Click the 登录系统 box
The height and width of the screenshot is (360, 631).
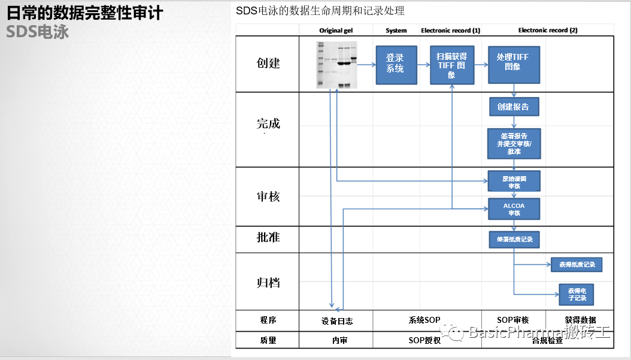pyautogui.click(x=395, y=64)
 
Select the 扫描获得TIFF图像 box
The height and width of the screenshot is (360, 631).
pyautogui.click(x=451, y=65)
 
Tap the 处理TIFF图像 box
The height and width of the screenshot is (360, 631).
pyautogui.click(x=513, y=65)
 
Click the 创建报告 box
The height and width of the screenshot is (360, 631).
pyautogui.click(x=514, y=107)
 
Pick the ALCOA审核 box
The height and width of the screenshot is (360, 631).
pyautogui.click(x=514, y=208)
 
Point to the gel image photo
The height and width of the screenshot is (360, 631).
pyautogui.click(x=337, y=65)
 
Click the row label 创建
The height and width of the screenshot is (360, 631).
pyautogui.click(x=268, y=63)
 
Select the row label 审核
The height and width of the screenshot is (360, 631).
pyautogui.click(x=268, y=196)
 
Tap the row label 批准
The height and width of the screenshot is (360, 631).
pyautogui.click(x=268, y=238)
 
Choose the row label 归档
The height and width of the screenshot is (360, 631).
pyautogui.click(x=268, y=282)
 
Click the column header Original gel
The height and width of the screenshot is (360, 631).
pyautogui.click(x=336, y=31)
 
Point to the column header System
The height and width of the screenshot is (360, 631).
pyautogui.click(x=396, y=31)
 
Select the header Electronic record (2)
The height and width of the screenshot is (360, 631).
pyautogui.click(x=547, y=31)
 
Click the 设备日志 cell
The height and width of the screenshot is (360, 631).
pyautogui.click(x=336, y=320)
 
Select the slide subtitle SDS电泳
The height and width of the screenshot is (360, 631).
pyautogui.click(x=37, y=32)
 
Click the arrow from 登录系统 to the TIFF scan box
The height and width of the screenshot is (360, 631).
pyautogui.click(x=422, y=65)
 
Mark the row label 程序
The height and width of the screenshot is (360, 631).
pyautogui.click(x=268, y=320)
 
